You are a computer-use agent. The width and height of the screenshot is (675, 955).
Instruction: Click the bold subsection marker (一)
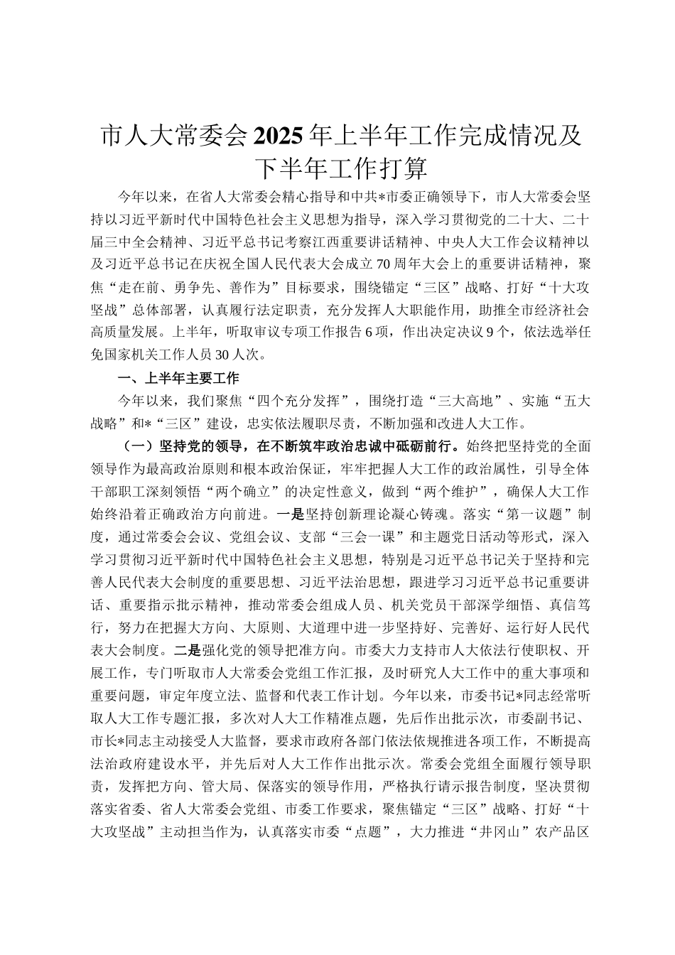click(x=134, y=446)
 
